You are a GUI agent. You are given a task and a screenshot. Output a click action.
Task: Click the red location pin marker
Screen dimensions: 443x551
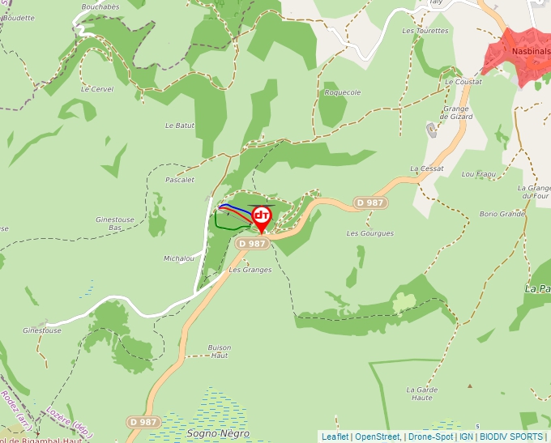click(262, 217)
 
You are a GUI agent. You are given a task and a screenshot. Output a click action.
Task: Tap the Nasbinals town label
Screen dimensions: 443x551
click(531, 50)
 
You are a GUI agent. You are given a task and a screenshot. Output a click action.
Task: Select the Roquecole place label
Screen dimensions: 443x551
click(342, 92)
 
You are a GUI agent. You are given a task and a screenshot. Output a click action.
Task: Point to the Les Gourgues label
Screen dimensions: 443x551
click(369, 233)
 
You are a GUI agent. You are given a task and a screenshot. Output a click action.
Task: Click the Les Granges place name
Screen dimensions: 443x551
click(250, 270)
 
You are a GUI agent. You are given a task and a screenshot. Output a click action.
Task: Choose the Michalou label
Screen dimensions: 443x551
click(179, 258)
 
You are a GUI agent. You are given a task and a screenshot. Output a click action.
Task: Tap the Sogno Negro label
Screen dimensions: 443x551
click(219, 433)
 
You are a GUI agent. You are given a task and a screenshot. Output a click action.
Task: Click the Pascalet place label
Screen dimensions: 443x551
click(180, 179)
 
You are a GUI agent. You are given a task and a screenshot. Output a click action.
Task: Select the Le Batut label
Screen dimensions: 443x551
click(180, 126)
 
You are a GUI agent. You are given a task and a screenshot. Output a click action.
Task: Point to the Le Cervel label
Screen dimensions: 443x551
click(97, 89)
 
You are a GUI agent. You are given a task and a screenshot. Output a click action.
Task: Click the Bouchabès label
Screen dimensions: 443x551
click(100, 6)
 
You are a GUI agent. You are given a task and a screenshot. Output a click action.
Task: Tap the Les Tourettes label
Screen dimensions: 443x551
click(425, 31)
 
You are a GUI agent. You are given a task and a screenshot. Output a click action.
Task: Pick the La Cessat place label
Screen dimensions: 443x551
click(427, 168)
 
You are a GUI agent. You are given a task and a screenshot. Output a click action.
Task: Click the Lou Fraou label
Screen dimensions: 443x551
click(478, 174)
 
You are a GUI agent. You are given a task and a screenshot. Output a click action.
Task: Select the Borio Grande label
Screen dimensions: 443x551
click(502, 214)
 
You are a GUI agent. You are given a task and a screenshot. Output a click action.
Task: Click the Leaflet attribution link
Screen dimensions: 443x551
click(335, 437)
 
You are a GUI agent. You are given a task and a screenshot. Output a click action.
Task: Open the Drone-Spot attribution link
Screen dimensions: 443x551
click(430, 437)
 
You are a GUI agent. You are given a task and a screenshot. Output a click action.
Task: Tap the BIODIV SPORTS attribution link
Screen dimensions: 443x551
click(511, 437)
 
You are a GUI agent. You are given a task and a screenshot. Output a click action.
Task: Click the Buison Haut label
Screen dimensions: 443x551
click(220, 351)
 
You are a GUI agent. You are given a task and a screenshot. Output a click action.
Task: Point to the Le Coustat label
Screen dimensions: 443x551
click(463, 82)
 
